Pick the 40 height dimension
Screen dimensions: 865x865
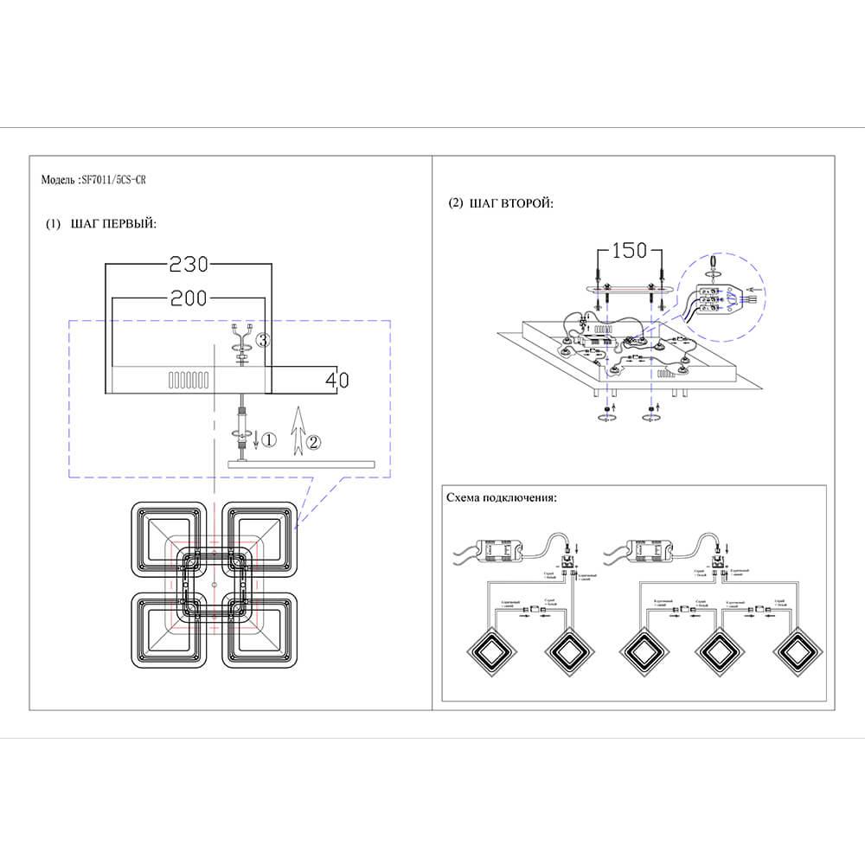click(x=338, y=378)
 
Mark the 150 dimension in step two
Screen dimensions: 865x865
click(x=630, y=251)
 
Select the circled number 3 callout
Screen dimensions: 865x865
click(x=264, y=340)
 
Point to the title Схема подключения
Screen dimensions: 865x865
click(x=502, y=499)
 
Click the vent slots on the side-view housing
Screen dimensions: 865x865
click(x=188, y=380)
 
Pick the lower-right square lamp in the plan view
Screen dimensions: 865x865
click(x=260, y=628)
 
